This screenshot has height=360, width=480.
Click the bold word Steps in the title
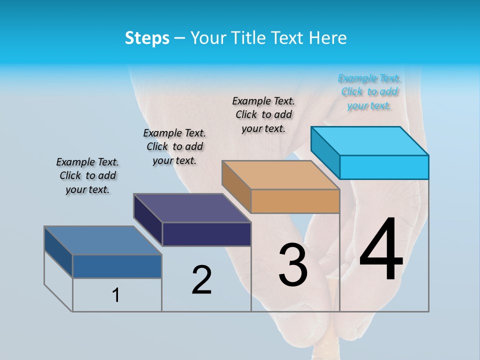[x=147, y=38]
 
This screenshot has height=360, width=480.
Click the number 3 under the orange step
[x=293, y=265]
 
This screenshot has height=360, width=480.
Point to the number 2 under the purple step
[x=201, y=280]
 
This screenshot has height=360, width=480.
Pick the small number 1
[x=116, y=295]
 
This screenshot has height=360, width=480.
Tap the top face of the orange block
[x=280, y=174]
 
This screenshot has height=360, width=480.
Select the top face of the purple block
[x=192, y=207]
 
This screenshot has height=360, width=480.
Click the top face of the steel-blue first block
[x=103, y=240]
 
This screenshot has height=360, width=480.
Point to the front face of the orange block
[x=295, y=201]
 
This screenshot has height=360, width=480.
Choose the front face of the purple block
[x=206, y=234]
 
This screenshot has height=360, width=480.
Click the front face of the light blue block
[x=384, y=167]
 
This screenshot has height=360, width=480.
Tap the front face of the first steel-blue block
[x=117, y=266]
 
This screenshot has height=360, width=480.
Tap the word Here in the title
[x=328, y=38]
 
